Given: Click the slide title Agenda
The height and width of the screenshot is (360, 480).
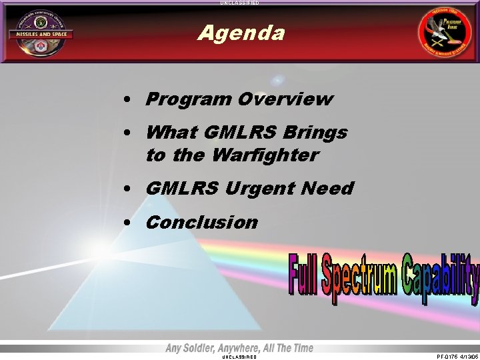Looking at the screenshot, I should [x=241, y=33].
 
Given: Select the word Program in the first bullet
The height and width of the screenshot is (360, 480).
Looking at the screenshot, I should [x=184, y=99].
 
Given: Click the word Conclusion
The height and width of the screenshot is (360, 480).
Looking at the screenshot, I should [x=201, y=222].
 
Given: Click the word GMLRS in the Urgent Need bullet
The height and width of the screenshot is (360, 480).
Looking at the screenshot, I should [x=182, y=189].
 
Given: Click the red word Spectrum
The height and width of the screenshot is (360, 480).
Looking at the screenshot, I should [x=360, y=277].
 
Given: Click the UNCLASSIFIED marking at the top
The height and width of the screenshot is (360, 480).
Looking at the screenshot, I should [x=240, y=3].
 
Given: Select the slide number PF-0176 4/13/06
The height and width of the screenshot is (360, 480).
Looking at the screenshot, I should [x=457, y=357].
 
